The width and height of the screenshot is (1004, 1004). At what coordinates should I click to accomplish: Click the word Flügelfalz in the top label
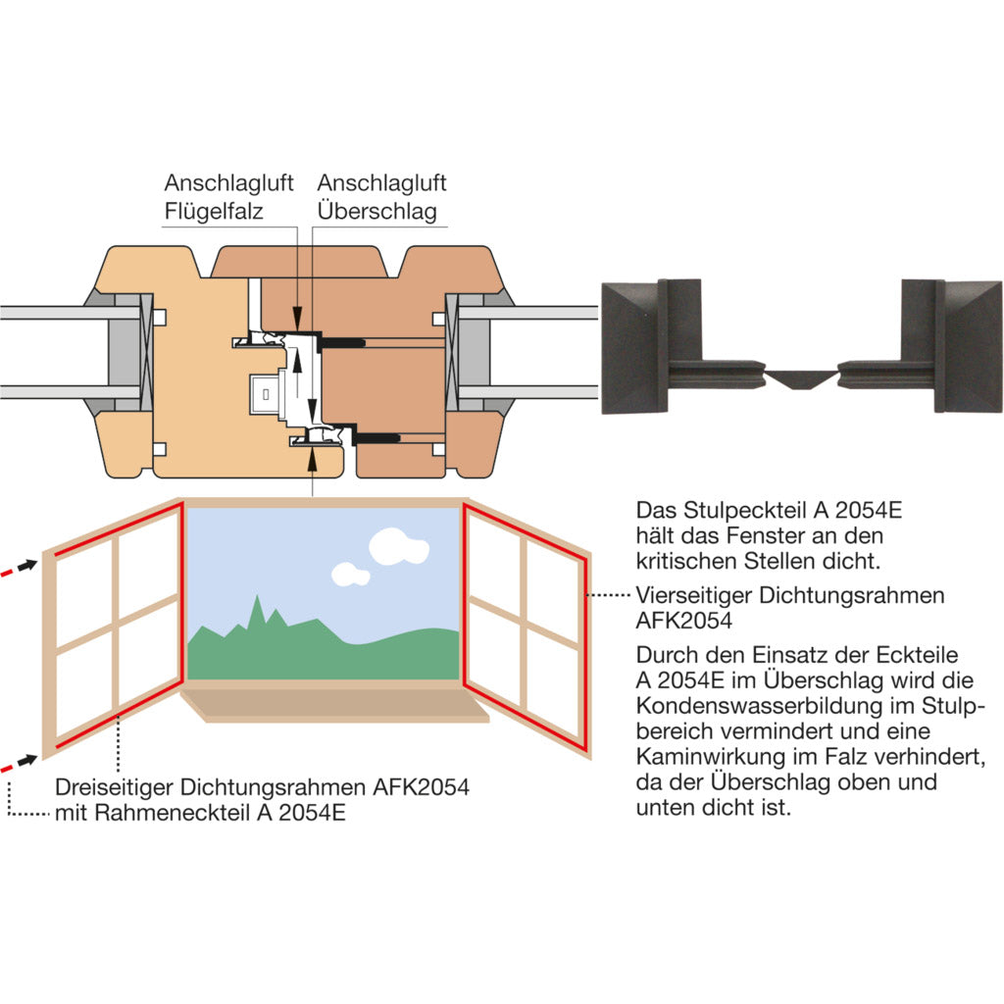(x=214, y=211)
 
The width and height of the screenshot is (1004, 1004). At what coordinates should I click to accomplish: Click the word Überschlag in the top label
(x=376, y=211)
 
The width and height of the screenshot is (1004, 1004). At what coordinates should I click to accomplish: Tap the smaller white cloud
(x=349, y=574)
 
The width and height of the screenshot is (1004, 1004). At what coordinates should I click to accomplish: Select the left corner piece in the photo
(x=654, y=345)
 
